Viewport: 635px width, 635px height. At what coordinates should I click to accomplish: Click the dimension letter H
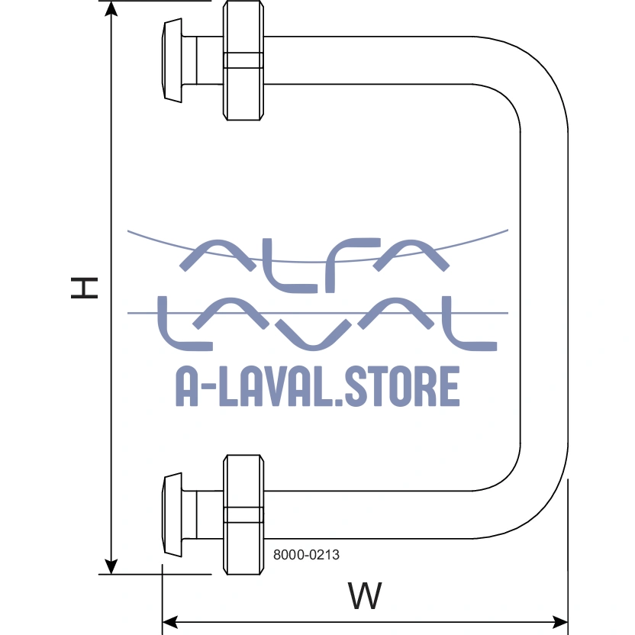coord(85,287)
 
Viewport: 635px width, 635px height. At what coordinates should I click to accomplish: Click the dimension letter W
coord(365,595)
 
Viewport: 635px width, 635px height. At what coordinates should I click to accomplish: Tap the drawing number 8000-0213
coord(306,556)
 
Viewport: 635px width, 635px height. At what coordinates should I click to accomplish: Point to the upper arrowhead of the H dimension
coord(111,10)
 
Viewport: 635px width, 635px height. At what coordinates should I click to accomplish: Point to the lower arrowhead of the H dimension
coord(111,566)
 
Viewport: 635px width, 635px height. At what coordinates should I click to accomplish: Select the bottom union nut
coord(243,514)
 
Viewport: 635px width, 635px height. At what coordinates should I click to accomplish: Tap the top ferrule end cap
coord(173,60)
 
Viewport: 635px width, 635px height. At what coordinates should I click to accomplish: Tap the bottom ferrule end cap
coord(173,514)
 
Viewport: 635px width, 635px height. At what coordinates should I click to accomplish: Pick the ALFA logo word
coord(314,264)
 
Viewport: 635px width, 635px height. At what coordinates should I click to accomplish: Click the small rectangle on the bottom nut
coord(243,514)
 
